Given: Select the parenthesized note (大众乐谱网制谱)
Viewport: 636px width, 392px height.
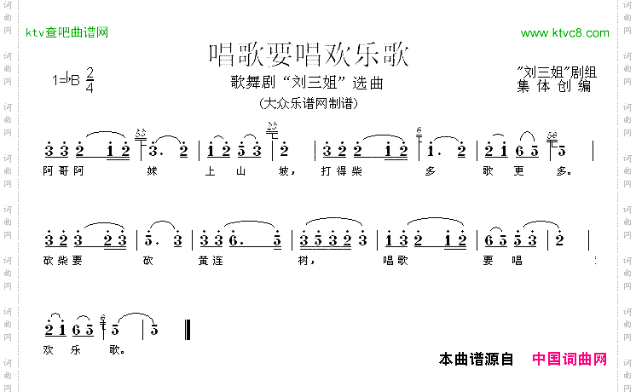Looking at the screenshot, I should pos(307,104).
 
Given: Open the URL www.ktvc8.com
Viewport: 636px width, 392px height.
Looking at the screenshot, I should pos(564,33).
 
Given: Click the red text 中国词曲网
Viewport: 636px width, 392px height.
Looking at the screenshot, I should pos(570,360).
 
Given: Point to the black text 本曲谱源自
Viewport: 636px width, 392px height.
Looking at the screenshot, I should pos(476,360).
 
